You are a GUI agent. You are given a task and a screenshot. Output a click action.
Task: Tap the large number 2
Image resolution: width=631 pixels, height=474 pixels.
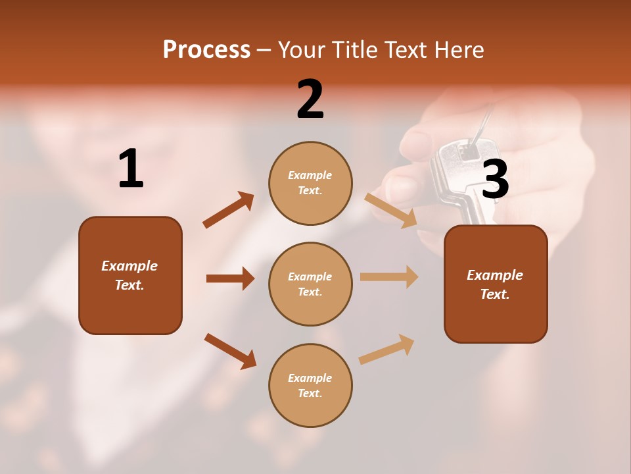coord(310,99)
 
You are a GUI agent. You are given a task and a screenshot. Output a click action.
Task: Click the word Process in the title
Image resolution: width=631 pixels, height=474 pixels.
coord(206,49)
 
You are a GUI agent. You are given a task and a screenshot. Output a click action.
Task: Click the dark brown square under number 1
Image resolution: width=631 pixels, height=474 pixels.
coord(130,275)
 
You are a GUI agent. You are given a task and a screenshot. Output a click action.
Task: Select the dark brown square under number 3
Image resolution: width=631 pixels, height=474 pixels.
coord(496,284)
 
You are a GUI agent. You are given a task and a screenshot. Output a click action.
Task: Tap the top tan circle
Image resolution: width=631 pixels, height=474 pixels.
coord(310,183)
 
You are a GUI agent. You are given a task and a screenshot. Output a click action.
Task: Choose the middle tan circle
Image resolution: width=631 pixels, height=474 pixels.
coord(310,284)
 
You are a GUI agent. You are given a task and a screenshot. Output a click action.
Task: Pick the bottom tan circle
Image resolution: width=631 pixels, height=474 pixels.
coord(310,385)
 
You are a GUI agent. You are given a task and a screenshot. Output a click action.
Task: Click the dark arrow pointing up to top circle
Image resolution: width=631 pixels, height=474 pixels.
coord(229,210)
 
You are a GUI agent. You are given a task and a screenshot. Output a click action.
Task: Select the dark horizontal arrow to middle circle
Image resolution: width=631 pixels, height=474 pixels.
coord(230,278)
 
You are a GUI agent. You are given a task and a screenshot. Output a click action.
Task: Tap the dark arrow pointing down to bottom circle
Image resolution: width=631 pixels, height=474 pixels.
coord(230,351)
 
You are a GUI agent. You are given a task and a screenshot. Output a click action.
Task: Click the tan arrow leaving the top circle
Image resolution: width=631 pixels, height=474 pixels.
coord(390,210)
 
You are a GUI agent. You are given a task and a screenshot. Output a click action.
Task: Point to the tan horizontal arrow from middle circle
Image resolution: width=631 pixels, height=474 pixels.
coord(389,276)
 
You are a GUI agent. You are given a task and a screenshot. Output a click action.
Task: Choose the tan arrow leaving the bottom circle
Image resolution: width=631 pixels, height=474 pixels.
coord(386,349)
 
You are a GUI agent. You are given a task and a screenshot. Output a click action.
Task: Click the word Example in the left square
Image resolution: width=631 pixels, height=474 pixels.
coord(129,266)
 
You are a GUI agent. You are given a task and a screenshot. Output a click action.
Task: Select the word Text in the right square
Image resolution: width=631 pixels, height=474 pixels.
coord(494,294)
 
